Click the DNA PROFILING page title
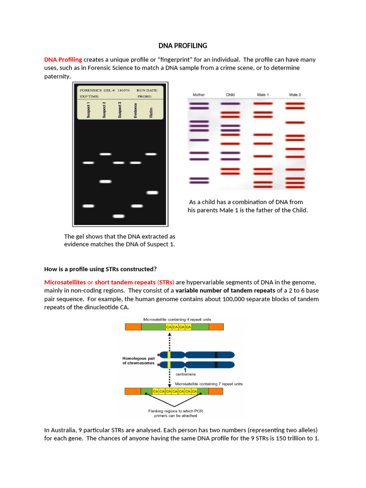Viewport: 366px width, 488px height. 183,46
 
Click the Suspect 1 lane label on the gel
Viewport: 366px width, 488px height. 88,110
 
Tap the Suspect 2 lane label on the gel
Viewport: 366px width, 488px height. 104,110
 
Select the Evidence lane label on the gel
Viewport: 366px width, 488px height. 135,110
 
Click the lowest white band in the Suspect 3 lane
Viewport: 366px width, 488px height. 119,216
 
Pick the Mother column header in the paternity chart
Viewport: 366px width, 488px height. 199,95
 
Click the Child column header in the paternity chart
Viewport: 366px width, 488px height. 230,95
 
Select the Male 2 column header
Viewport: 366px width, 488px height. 295,95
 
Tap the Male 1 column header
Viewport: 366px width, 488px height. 263,95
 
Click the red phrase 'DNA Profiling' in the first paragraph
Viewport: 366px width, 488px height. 63,60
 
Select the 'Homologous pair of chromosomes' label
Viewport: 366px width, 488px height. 138,361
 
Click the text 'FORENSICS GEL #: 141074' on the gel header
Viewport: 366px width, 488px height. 104,90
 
